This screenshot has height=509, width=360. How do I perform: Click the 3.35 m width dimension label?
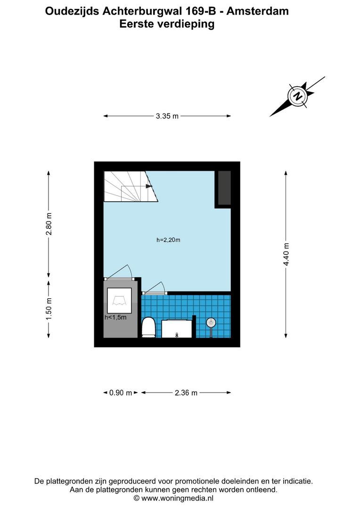[x=167, y=116]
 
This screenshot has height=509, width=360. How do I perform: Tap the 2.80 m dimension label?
[x=49, y=224]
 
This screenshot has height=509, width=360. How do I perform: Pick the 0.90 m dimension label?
[x=121, y=393]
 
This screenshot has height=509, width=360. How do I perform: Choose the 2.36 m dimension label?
[x=186, y=393]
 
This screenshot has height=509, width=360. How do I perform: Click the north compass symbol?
[x=297, y=96]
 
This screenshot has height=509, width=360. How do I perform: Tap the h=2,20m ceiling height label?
[x=169, y=240]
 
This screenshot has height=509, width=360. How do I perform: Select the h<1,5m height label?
[x=115, y=318]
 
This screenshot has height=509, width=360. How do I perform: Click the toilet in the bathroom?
[x=148, y=327]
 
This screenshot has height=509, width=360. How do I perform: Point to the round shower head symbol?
[x=211, y=323]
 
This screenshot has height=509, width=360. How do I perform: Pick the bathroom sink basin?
[x=177, y=328]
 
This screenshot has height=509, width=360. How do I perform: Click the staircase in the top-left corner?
[x=127, y=187]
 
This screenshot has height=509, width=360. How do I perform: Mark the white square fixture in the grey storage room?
[x=120, y=300]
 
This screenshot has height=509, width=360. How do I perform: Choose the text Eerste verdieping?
[x=167, y=24]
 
